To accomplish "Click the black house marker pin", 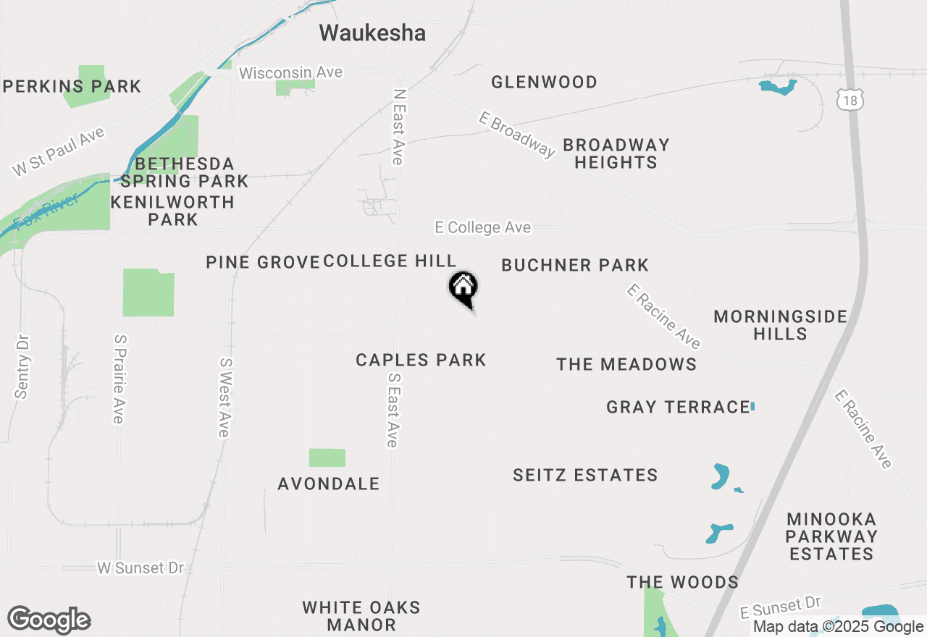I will tap(463, 288).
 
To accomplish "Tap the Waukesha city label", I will tap(372, 33).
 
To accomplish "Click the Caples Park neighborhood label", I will tap(421, 360).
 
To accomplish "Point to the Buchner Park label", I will tap(575, 265).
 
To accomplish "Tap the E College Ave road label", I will tap(482, 227).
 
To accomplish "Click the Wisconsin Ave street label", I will tap(290, 73).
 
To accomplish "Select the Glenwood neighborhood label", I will tap(544, 82).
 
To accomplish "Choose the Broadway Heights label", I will tap(616, 153).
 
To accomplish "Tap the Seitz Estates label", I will tap(585, 475).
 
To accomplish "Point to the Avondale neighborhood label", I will tap(329, 484).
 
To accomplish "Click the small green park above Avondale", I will tap(327, 457).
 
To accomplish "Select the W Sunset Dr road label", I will tap(140, 568).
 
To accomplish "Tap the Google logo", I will tap(49, 620).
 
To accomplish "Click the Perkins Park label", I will tap(72, 87).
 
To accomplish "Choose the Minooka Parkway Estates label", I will tap(831, 536).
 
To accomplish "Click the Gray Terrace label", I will tap(677, 407).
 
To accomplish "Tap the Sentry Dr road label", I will tap(22, 366).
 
